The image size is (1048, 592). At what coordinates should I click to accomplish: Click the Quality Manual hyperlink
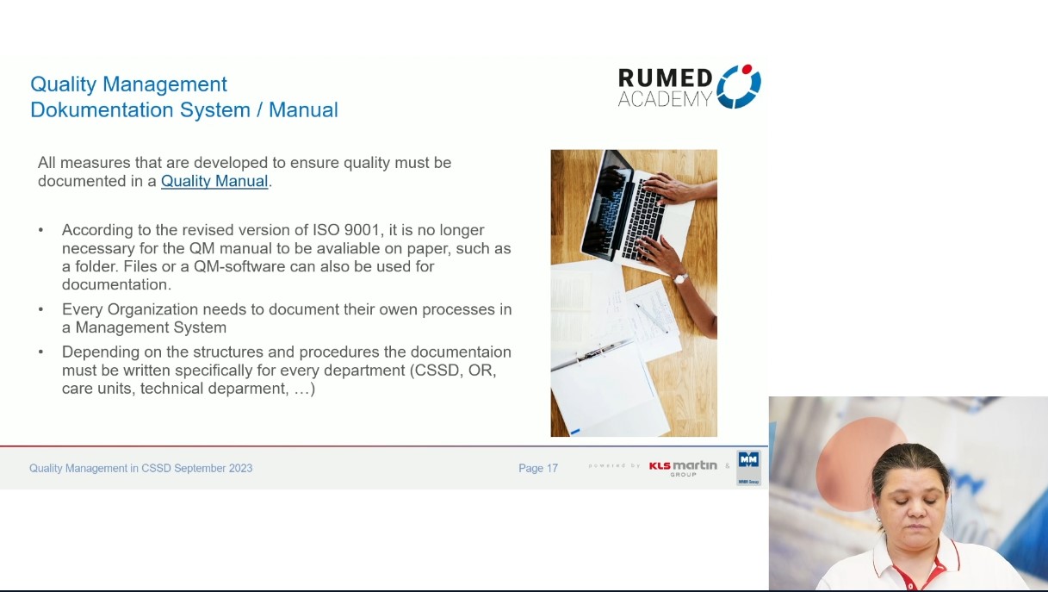point(214,181)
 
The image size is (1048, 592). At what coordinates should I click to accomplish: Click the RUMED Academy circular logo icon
point(739,86)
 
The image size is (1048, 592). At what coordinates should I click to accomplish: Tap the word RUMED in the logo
point(665,78)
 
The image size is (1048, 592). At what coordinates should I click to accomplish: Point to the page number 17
point(551,468)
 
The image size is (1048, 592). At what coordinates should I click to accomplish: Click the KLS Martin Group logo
point(683,467)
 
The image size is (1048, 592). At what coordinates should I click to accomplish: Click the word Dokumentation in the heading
point(102,110)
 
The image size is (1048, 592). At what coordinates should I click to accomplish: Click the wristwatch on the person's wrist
point(680,277)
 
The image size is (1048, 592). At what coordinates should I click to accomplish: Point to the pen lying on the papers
point(651,315)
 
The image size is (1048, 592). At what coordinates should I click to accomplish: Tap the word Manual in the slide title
point(303,110)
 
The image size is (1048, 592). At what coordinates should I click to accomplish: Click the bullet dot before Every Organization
point(40,309)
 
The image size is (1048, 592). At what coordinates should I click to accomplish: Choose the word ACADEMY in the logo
point(664,99)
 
